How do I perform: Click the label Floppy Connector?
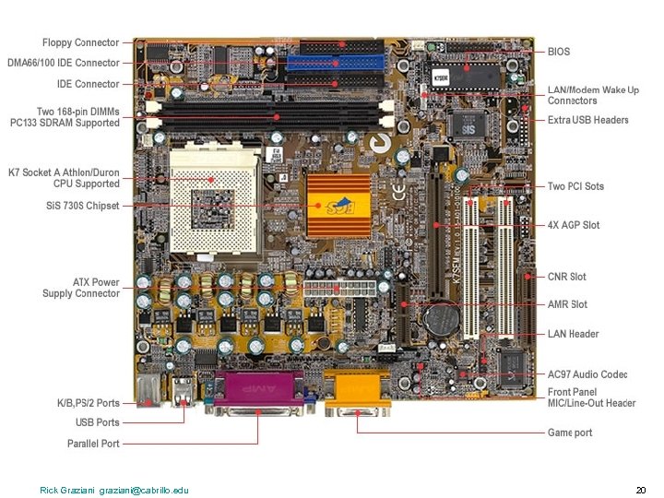(x=80, y=42)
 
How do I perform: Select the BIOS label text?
(x=559, y=53)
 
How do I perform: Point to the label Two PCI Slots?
(x=575, y=186)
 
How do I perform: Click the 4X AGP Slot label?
(x=573, y=225)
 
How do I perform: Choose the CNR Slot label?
(x=566, y=277)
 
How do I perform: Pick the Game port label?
(x=570, y=433)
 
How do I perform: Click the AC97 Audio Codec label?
(x=587, y=374)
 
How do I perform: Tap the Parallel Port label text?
(x=93, y=444)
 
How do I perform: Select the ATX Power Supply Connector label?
(x=82, y=288)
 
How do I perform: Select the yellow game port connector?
(x=356, y=391)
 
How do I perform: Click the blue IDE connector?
(x=334, y=64)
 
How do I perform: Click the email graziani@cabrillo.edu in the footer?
(x=144, y=490)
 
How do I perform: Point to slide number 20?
(x=641, y=490)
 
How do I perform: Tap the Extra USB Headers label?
(x=587, y=120)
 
